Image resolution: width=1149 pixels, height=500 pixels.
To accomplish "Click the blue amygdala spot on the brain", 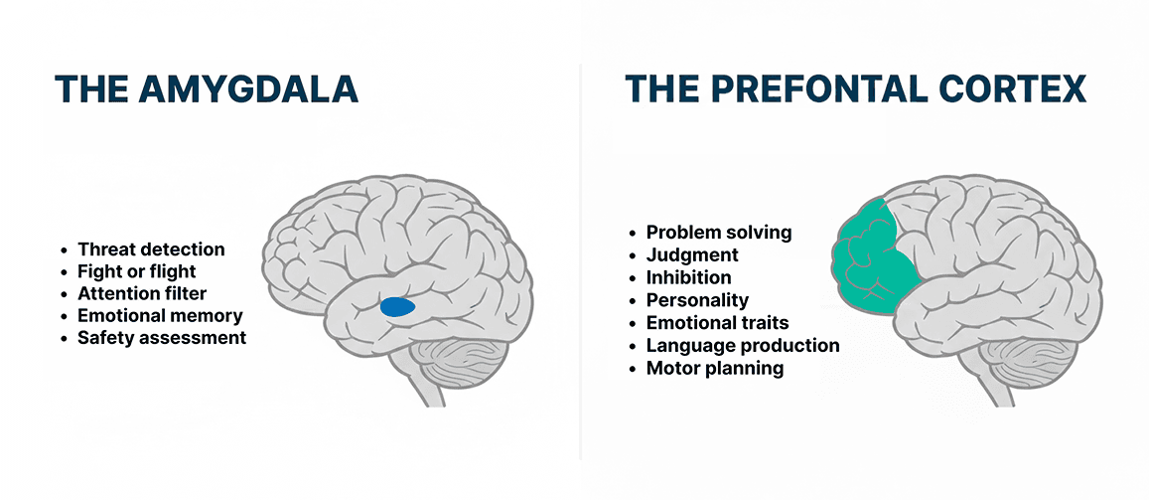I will tap(398, 307).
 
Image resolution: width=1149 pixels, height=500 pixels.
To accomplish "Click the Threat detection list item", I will tap(151, 250).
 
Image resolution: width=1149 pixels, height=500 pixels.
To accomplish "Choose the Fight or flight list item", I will tap(137, 271).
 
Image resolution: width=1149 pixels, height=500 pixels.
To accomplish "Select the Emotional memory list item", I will tap(160, 315).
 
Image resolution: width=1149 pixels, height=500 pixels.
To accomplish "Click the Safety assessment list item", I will tap(162, 337).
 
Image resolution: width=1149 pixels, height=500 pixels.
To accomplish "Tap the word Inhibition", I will tap(688, 277).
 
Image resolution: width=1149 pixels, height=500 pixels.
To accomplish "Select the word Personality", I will tap(697, 300).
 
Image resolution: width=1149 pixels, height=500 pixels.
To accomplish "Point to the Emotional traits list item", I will tap(717, 323).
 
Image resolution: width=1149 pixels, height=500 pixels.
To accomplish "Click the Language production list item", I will tap(743, 346).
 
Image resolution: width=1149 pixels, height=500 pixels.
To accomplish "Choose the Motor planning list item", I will tap(714, 369).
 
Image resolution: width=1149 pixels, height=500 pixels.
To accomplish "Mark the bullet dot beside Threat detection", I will tap(65, 250).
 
